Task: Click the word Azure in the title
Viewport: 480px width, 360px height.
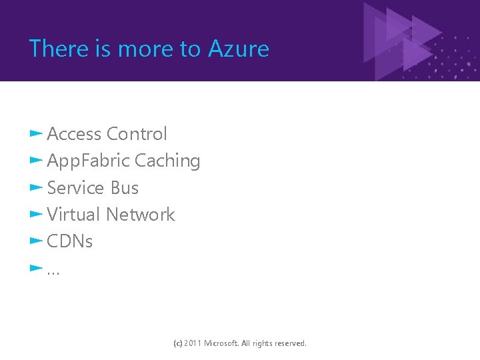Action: point(239,49)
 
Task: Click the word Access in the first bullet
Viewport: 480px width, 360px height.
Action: point(74,134)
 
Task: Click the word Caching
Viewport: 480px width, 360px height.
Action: point(167,161)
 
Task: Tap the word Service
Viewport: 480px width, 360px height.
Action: point(76,188)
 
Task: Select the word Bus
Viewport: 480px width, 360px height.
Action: point(125,188)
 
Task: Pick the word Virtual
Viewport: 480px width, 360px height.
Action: point(73,215)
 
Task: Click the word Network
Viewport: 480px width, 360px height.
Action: point(140,215)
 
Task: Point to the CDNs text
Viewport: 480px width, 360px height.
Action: point(70,241)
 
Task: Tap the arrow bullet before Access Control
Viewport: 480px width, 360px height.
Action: point(36,134)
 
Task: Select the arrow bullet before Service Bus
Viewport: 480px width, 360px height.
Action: point(36,187)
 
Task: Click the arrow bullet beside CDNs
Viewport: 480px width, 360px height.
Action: point(36,241)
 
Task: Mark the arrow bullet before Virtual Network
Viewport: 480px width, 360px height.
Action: point(36,214)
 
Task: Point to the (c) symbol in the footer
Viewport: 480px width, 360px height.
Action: point(177,343)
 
